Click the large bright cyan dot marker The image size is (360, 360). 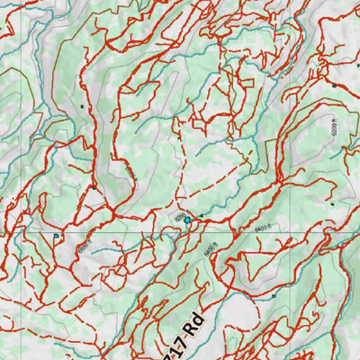tap(187, 219)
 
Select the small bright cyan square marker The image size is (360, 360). tap(57, 237)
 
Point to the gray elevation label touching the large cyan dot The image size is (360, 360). tap(178, 218)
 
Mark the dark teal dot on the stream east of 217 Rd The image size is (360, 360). tap(273, 294)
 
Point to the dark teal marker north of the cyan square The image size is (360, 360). tap(82, 106)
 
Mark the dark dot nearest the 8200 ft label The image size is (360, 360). tap(333, 85)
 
